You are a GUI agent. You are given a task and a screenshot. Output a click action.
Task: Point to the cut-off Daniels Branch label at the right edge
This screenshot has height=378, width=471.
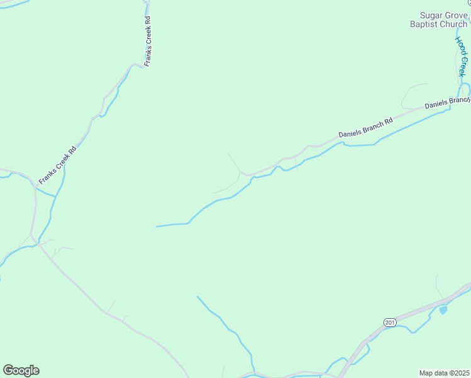pyautogui.click(x=447, y=102)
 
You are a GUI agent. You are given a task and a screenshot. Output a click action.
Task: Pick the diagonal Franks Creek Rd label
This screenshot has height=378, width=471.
pyautogui.click(x=57, y=165)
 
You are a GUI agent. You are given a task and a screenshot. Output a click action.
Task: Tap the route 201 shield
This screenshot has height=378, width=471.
pyautogui.click(x=389, y=323)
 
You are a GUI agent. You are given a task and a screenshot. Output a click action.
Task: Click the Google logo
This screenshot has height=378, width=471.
pyautogui.click(x=21, y=370)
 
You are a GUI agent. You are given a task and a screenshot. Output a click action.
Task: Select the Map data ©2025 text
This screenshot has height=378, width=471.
pyautogui.click(x=445, y=373)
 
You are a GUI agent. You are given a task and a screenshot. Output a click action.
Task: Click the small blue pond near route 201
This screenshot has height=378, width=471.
pyautogui.click(x=443, y=310)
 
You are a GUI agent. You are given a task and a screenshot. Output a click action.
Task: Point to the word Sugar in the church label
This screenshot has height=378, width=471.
pyautogui.click(x=432, y=15)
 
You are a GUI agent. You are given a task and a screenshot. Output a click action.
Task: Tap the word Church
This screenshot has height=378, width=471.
pyautogui.click(x=454, y=25)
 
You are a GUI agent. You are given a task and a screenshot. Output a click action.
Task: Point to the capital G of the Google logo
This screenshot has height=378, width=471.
pyautogui.click(x=9, y=370)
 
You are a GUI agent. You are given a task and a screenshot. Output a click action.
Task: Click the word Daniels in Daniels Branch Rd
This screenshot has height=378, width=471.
pyautogui.click(x=349, y=132)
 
